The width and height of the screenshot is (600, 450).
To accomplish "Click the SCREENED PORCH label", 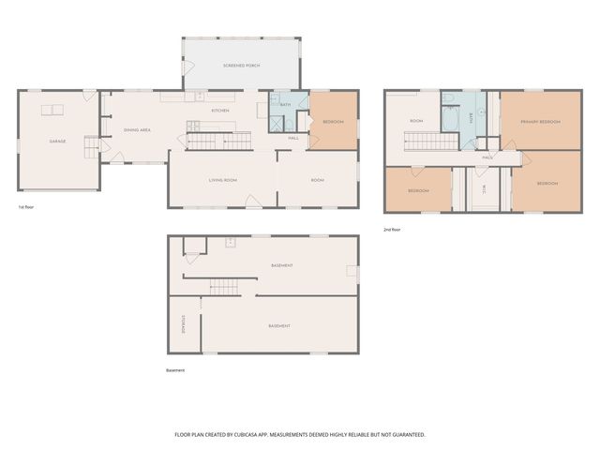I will click(x=241, y=66).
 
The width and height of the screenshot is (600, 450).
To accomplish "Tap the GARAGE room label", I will click(x=57, y=142).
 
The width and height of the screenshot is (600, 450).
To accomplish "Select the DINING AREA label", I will click(x=138, y=130).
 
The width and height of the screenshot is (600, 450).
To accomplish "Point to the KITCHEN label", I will click(x=220, y=111).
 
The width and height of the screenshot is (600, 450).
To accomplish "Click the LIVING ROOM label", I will click(x=222, y=179).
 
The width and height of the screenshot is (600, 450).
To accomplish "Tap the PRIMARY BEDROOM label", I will click(x=541, y=122).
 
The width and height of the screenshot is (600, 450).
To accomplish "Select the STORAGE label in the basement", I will click(x=183, y=323).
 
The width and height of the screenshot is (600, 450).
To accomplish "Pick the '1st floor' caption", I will click(x=27, y=206).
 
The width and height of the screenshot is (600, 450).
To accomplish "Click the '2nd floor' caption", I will click(x=392, y=229).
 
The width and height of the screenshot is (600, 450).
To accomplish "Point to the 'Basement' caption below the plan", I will click(x=175, y=370).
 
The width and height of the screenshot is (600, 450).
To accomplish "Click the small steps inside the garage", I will click(x=91, y=148).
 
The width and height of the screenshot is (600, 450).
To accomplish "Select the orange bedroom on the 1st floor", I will click(x=333, y=122).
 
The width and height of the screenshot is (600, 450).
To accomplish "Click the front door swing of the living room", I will click(x=250, y=201).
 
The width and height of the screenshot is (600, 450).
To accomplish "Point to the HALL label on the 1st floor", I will click(x=293, y=138).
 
